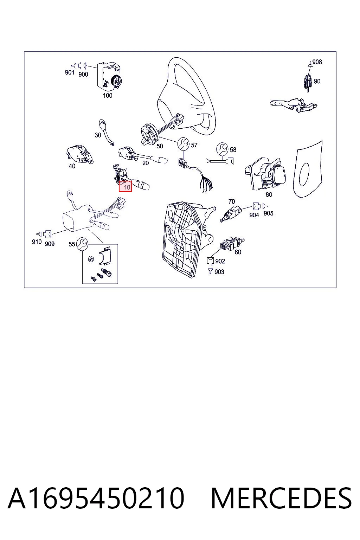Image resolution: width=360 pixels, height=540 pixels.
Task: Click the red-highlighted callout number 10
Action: click(x=127, y=187)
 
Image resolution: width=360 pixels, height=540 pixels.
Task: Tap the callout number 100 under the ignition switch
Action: click(x=108, y=96)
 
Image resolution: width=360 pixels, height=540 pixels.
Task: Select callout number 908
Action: click(x=317, y=62)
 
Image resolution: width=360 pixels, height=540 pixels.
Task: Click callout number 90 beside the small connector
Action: click(x=317, y=81)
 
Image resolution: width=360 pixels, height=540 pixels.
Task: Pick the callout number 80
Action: click(x=269, y=194)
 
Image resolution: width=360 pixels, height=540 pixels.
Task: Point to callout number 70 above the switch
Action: click(x=231, y=201)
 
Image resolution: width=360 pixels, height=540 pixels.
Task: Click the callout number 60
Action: click(x=238, y=252)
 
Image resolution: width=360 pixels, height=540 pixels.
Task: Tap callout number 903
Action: click(x=219, y=272)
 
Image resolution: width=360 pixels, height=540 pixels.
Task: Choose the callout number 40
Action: click(x=72, y=166)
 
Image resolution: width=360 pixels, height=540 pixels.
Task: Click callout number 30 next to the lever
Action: click(x=98, y=135)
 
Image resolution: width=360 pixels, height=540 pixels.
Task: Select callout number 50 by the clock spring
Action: click(x=160, y=146)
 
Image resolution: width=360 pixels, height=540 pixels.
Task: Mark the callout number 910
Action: click(x=37, y=242)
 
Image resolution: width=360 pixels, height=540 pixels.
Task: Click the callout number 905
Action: click(x=268, y=213)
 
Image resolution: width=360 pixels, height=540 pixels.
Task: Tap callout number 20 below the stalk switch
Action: click(x=146, y=163)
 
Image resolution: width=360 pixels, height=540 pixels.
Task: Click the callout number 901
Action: click(x=70, y=72)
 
